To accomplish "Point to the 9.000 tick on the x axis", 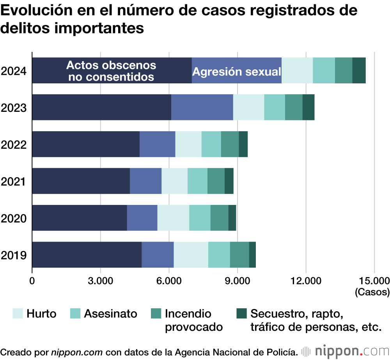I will pos(237,281).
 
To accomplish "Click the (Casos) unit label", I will pos(372,291).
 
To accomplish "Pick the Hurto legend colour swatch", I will pos(18,313).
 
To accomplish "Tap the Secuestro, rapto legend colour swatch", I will pos(242,313).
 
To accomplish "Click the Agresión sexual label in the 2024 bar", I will pos(237,72).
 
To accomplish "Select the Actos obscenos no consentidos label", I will pos(111,71).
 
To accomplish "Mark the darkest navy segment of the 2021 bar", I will pos(81,181).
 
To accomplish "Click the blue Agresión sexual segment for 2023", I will pos(202,107).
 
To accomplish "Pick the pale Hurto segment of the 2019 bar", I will pos(191,255).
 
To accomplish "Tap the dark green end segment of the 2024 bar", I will pos(359,71).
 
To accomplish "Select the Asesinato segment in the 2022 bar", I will pos(211,145).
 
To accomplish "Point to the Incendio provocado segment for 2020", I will pos(219,218).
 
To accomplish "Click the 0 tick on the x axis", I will pos(32,281).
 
